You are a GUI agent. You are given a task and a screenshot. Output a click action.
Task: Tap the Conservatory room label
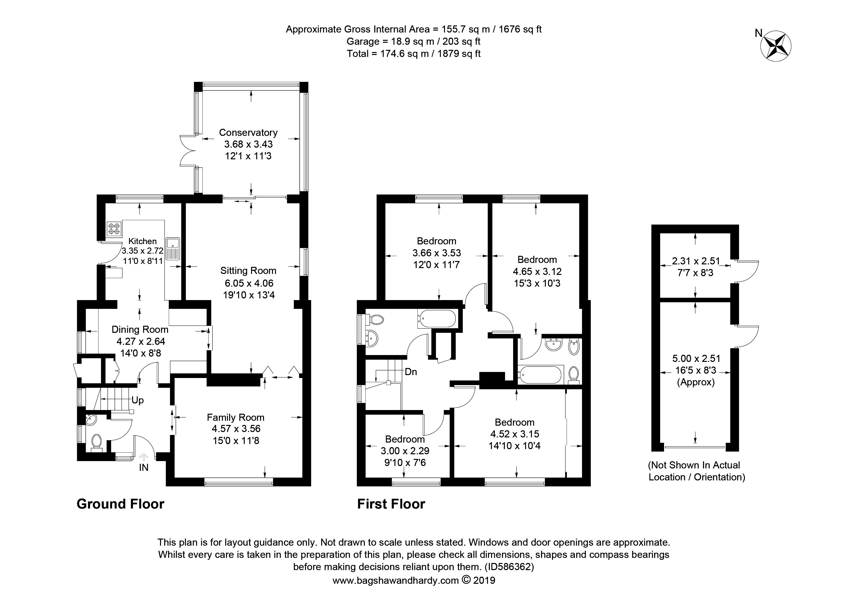(x=248, y=132)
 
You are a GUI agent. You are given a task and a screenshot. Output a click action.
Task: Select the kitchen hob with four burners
(x=114, y=228)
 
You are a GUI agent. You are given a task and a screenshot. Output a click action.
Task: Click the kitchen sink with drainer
(x=174, y=249)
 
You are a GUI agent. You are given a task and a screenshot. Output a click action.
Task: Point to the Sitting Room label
(x=248, y=271)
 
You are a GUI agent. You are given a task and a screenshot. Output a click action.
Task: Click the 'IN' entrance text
(x=144, y=467)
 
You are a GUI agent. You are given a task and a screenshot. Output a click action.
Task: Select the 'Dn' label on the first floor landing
(x=411, y=372)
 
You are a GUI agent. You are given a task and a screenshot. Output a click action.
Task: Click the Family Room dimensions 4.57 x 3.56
(x=235, y=429)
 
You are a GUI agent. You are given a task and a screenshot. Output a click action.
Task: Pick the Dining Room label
(x=140, y=330)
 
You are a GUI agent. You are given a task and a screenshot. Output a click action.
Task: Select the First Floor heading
(x=391, y=504)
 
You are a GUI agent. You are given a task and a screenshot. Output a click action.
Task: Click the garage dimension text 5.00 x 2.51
(x=696, y=358)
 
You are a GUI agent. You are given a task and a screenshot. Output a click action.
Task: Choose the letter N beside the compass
(x=759, y=33)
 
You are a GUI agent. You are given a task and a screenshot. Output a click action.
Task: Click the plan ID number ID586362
(x=509, y=567)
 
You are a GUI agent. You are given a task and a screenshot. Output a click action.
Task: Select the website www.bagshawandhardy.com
(x=396, y=581)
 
